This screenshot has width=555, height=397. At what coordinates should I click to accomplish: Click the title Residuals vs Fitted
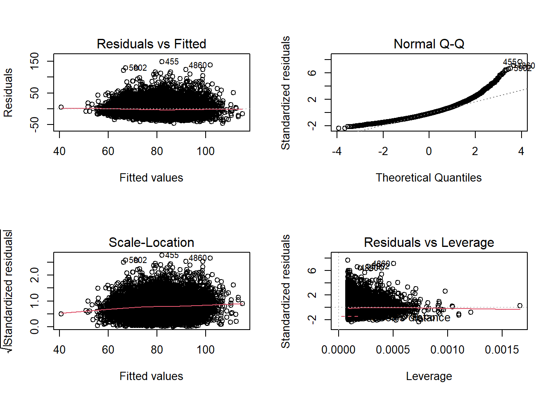(x=151, y=44)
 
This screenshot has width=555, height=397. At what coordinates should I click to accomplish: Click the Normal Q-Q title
(x=429, y=44)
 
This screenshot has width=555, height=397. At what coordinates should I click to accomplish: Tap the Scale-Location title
(x=151, y=242)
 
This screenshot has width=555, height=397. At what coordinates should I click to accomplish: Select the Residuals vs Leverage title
(x=429, y=242)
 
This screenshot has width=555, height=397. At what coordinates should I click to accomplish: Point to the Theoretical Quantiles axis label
(x=429, y=178)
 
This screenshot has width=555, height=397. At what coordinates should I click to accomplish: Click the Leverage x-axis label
(x=429, y=376)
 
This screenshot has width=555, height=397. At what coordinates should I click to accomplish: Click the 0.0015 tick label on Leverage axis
(x=502, y=350)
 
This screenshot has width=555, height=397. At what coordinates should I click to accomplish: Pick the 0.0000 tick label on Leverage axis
(x=338, y=350)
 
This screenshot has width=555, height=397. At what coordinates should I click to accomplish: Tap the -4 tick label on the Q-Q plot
(x=337, y=151)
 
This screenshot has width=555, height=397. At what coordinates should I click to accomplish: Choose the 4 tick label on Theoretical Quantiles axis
(x=521, y=151)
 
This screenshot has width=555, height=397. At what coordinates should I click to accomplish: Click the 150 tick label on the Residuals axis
(x=35, y=61)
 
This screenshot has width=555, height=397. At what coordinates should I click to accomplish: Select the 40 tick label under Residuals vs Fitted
(x=59, y=151)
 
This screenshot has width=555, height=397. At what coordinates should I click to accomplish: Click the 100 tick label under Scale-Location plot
(x=206, y=350)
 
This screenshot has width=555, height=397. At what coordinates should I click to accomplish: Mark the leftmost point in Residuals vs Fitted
(x=61, y=107)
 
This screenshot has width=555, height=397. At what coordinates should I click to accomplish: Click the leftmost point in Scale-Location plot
(x=61, y=314)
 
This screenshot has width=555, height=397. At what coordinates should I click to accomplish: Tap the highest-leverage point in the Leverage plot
(x=520, y=306)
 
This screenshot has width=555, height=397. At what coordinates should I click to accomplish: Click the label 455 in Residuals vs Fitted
(x=172, y=62)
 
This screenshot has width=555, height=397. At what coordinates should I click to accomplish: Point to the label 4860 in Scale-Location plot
(x=197, y=258)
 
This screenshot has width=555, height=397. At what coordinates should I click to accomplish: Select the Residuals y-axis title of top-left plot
(x=8, y=93)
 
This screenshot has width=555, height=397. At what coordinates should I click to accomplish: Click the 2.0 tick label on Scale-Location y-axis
(x=35, y=275)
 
